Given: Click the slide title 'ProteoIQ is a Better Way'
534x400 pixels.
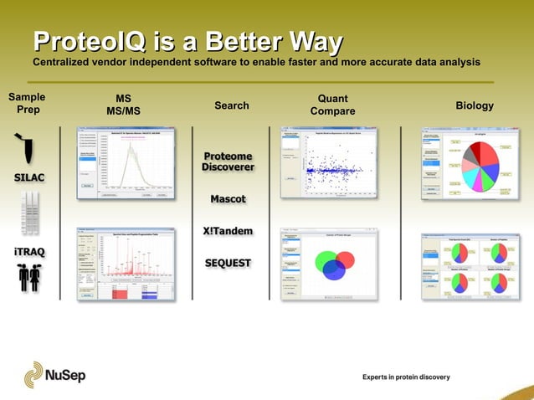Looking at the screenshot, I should click(187, 42).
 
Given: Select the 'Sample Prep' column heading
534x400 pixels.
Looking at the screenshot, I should click(26, 104).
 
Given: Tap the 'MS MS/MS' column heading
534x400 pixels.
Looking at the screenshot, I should click(123, 105).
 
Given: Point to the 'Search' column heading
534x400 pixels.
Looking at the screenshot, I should click(232, 105).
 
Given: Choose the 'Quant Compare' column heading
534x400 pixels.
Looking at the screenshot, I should click(332, 105).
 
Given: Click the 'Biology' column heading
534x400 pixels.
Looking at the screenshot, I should click(474, 106).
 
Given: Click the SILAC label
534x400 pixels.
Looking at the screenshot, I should click(28, 177).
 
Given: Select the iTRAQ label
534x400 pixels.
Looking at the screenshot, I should click(28, 251).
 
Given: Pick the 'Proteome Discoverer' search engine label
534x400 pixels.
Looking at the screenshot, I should click(228, 162).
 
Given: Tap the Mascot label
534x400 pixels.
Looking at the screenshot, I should click(228, 199).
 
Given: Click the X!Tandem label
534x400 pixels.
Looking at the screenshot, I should click(228, 231).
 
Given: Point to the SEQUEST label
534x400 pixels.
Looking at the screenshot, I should click(228, 263).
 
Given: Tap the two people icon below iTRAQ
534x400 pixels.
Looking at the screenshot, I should click(28, 279).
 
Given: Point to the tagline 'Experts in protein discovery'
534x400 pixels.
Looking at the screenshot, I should click(406, 377).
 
